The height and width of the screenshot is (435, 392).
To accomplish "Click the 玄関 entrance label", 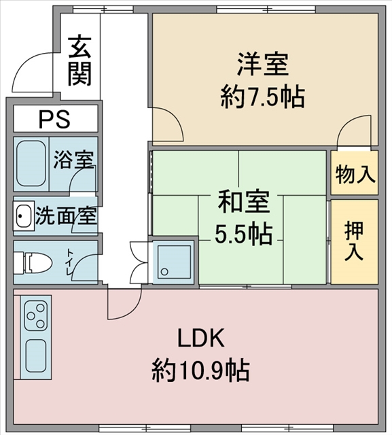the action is pyautogui.click(x=80, y=60).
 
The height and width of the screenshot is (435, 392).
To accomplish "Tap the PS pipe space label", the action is pyautogui.click(x=54, y=119).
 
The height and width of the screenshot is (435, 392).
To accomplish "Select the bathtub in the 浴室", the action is pyautogui.click(x=31, y=164).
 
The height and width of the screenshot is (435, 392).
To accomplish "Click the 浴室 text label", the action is pyautogui.click(x=73, y=160).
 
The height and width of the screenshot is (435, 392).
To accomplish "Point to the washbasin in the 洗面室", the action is pyautogui.click(x=23, y=216).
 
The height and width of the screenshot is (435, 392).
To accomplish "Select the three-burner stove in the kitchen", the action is pyautogui.click(x=36, y=316).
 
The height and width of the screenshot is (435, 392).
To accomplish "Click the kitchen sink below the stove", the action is pyautogui.click(x=36, y=355).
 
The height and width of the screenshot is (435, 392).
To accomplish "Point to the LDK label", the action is pyautogui.click(x=201, y=338).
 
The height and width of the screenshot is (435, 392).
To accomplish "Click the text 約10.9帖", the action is pyautogui.click(x=200, y=370).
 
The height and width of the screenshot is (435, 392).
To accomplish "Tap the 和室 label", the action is pyautogui.click(x=243, y=202).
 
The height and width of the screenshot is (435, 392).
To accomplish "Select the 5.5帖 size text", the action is pyautogui.click(x=243, y=234).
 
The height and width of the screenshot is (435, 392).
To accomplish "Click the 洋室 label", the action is pyautogui.click(x=262, y=64).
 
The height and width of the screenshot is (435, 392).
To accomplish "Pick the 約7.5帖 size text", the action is pyautogui.click(x=262, y=97).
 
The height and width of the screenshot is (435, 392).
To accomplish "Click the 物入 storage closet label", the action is pyautogui.click(x=355, y=175).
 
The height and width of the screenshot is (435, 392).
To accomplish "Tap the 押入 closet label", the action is pyautogui.click(x=354, y=241).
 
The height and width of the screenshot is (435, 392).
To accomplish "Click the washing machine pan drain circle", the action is pyautogui.click(x=164, y=272).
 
